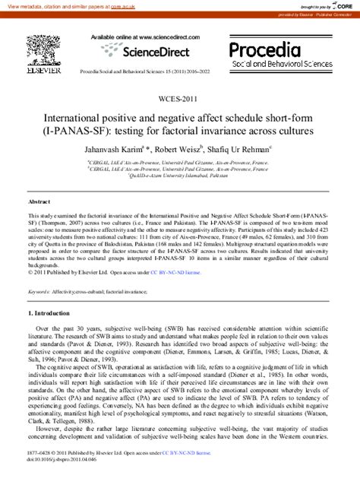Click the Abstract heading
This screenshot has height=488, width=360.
coord(39,202)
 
